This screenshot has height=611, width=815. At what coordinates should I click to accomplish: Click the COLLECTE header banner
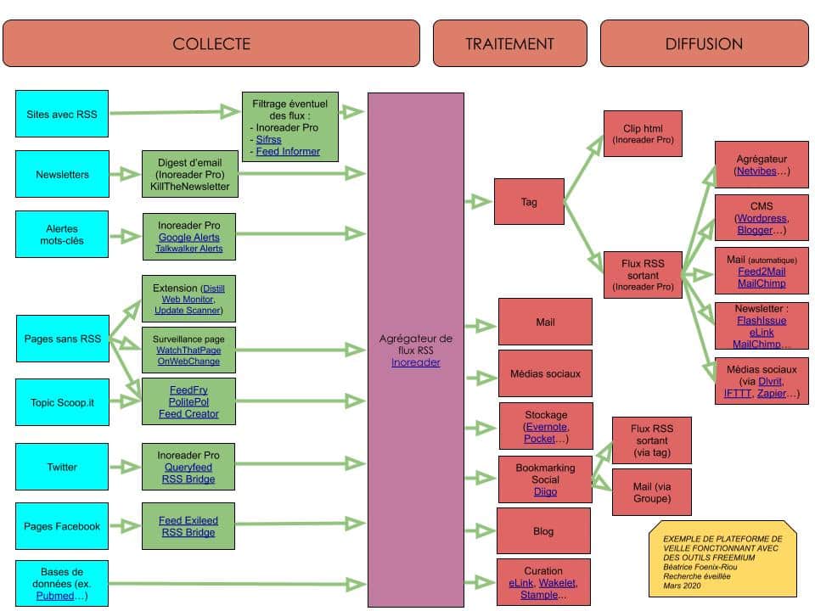[x=211, y=43]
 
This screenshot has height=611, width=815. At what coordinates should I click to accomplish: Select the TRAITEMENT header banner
[x=509, y=43]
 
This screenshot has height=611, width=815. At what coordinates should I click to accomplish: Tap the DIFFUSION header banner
[x=704, y=43]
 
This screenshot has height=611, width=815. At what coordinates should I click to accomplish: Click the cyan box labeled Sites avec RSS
[x=62, y=112]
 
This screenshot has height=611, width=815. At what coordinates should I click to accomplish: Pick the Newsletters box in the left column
[x=62, y=174]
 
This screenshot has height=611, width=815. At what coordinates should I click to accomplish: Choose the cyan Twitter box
[x=62, y=467]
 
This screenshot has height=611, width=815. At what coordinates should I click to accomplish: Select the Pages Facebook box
[x=62, y=526]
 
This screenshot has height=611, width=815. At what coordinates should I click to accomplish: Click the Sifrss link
[x=271, y=138]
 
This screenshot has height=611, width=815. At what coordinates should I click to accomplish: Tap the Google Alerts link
[x=188, y=237]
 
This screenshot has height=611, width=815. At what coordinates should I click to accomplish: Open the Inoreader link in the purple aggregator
[x=416, y=362]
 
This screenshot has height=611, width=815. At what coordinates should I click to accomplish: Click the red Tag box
[x=529, y=201]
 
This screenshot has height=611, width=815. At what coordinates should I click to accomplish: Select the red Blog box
[x=543, y=531]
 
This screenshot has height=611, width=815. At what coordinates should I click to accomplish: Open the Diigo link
[x=545, y=491]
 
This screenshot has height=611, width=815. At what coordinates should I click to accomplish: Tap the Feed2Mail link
[x=762, y=272]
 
